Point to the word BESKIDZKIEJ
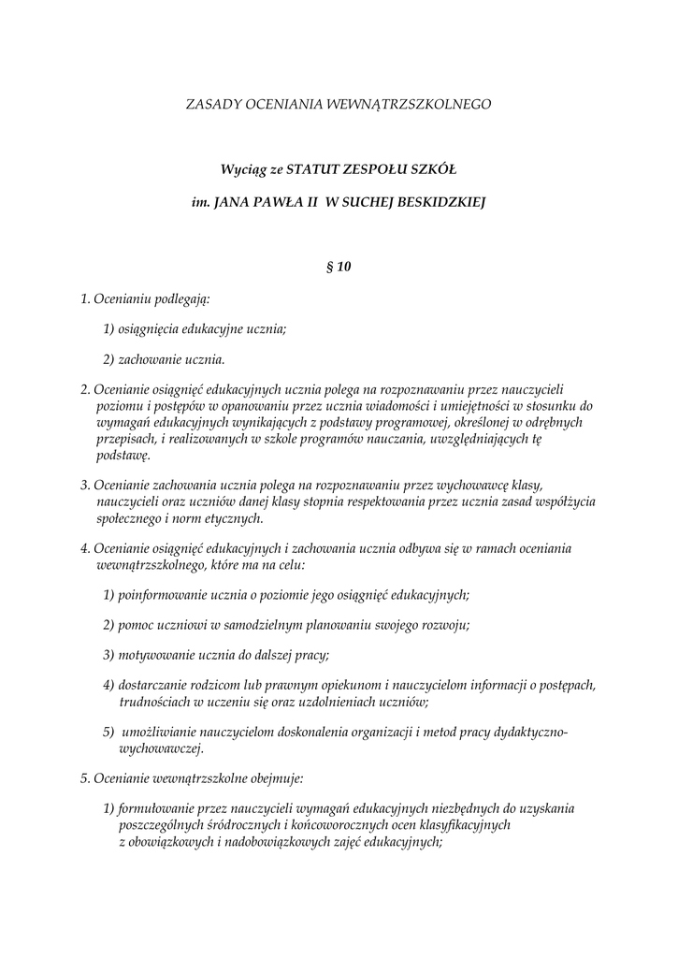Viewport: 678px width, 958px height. pos(440,200)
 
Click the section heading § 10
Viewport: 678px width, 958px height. pos(339,267)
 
